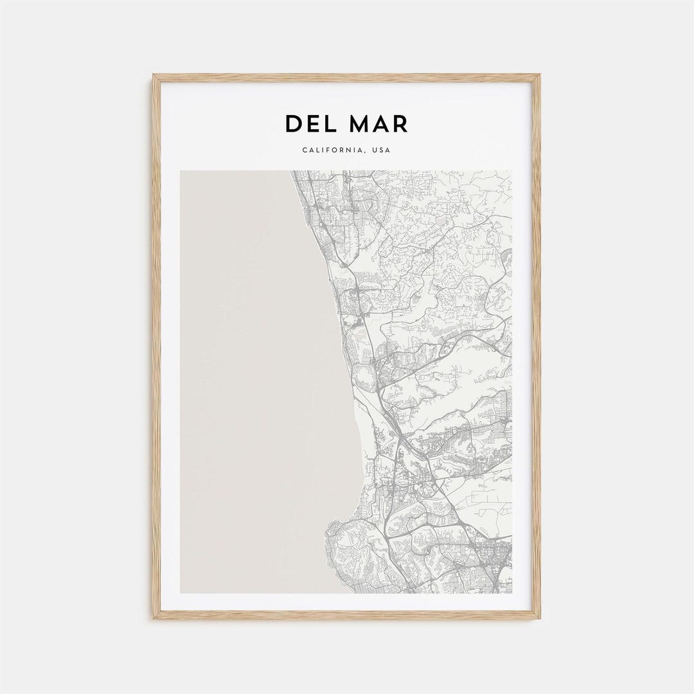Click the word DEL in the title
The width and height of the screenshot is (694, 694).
tap(314, 124)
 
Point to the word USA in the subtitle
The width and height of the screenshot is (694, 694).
tap(382, 151)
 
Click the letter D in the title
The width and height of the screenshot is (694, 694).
tap(294, 124)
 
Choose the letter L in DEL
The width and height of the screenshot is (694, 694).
tap(333, 124)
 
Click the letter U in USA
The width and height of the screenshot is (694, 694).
tap(375, 151)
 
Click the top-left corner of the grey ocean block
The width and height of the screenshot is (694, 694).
tap(181, 171)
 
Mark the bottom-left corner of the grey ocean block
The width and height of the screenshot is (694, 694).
tap(181, 592)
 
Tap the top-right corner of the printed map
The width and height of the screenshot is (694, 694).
tap(512, 171)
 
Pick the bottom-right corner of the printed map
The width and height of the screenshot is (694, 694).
tap(512, 592)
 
